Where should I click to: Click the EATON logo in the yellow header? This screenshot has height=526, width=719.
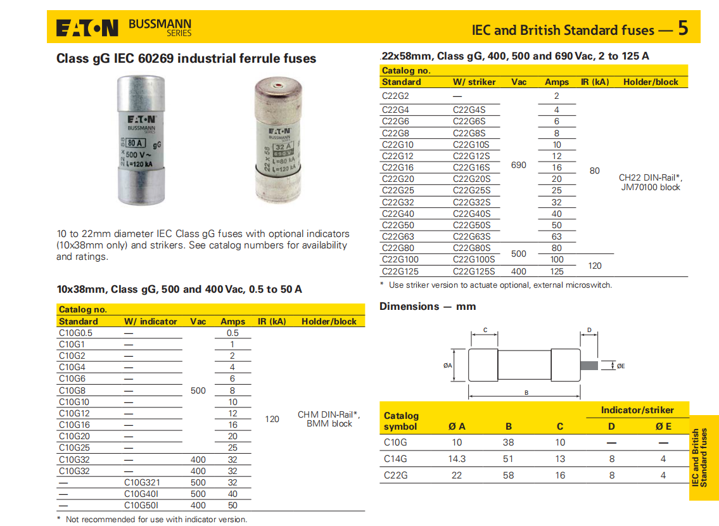coord(87,28)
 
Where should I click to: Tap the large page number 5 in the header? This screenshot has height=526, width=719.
coord(682,28)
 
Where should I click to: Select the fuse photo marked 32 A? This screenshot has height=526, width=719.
coord(277,141)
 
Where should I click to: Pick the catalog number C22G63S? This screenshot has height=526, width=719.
coord(471,236)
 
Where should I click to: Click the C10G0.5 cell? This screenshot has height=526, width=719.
coord(75,333)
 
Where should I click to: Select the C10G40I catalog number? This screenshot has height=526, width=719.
coord(141,494)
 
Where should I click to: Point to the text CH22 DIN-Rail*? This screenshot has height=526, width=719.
coord(651,177)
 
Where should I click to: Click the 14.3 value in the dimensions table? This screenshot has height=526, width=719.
coord(457,459)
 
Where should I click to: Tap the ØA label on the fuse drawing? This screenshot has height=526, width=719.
coord(448,366)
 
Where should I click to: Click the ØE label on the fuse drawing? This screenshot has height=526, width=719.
coord(621,366)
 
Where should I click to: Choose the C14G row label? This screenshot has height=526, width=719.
coord(395,459)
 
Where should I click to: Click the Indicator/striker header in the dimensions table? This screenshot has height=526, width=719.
coord(637,410)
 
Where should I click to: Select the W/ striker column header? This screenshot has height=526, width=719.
coord(474,82)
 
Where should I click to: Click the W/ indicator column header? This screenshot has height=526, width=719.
coord(151,321)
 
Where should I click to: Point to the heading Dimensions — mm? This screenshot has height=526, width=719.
coord(428,306)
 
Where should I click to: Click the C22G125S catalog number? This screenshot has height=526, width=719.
coord(474,271)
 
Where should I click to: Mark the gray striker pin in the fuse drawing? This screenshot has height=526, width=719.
coord(589,365)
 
